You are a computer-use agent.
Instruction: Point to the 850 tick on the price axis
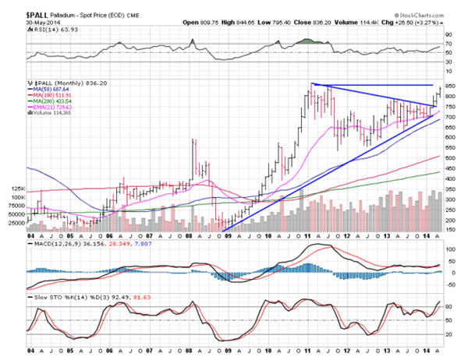click(450, 85)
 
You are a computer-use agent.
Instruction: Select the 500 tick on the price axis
click(450, 158)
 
